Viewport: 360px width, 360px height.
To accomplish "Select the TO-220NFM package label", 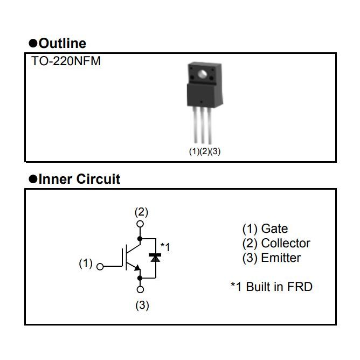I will pos(67,61).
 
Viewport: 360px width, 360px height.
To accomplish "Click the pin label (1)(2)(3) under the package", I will pos(204,151).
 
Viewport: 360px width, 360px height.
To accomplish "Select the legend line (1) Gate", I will pos(265,229).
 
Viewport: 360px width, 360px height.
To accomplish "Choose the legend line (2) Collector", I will pos(276,243).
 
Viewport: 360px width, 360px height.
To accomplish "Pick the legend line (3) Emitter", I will pos(272,258).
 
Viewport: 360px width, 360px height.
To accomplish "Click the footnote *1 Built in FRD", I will pos(271,286).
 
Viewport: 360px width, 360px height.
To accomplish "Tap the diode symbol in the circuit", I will pos(156,258).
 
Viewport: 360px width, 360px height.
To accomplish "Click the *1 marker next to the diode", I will pos(165,247).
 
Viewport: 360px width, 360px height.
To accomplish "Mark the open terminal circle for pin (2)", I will pos(141,224).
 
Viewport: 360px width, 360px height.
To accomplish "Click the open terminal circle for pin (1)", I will pos(100,266).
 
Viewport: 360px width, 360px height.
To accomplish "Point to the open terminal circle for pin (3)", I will pos(141,290).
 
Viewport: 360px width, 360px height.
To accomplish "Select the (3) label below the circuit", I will pos(141,306).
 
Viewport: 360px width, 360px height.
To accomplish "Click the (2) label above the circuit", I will pos(141,212).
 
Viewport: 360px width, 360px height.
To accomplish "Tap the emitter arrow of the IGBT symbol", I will pos(137,267).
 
